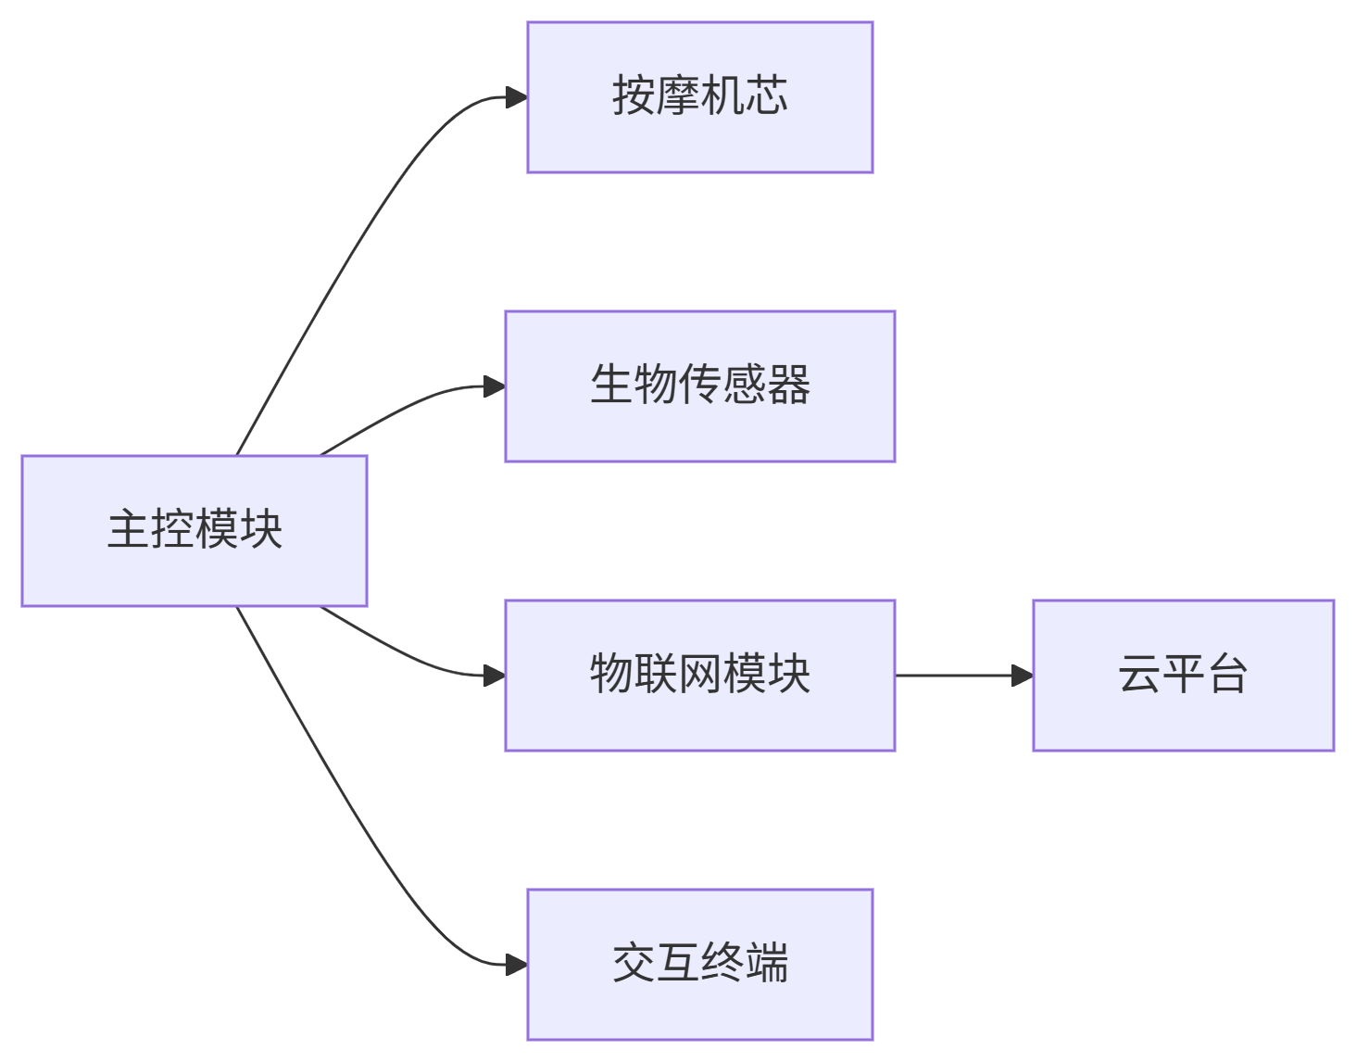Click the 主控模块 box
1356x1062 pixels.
pyautogui.click(x=195, y=530)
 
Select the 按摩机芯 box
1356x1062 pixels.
pyautogui.click(x=699, y=97)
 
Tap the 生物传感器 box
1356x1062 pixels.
pyautogui.click(x=699, y=386)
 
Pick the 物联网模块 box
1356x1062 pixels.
pyautogui.click(x=699, y=675)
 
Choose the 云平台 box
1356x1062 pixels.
pyautogui.click(x=1183, y=675)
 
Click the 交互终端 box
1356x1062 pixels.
pyautogui.click(x=699, y=964)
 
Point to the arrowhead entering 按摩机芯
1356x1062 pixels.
pyautogui.click(x=517, y=97)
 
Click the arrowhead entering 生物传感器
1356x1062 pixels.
pyautogui.click(x=495, y=386)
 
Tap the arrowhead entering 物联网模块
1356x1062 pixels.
pyautogui.click(x=495, y=676)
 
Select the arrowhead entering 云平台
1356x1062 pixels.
pyautogui.click(x=1023, y=676)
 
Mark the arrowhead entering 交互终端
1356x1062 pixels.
pyautogui.click(x=517, y=965)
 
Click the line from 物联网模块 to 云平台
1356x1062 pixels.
pyautogui.click(x=954, y=676)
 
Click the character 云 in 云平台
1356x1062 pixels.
pyautogui.click(x=1139, y=674)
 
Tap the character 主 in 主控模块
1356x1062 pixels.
pyautogui.click(x=129, y=529)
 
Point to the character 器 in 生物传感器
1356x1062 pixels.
pyautogui.click(x=789, y=385)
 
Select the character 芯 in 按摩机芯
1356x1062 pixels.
pyautogui.click(x=767, y=96)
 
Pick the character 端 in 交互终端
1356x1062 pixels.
pyautogui.click(x=767, y=963)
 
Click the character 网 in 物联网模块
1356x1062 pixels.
pyautogui.click(x=700, y=674)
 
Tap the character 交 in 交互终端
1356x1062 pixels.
pyautogui.click(x=634, y=963)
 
